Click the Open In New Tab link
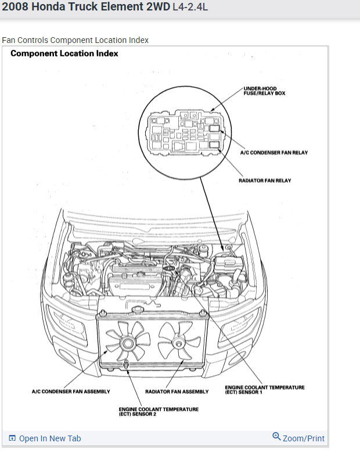[50, 438]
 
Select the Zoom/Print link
[303, 438]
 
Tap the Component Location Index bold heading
[64, 53]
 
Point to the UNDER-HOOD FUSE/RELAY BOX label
[265, 91]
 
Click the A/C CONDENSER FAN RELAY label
[273, 153]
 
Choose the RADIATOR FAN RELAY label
[265, 181]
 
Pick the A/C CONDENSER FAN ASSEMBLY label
[71, 391]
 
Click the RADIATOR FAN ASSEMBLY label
[177, 391]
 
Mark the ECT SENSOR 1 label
[264, 390]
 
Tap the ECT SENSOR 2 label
[159, 411]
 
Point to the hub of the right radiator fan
[179, 341]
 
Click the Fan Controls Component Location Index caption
[75, 40]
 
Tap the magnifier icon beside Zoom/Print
[276, 437]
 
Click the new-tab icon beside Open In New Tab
[12, 438]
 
